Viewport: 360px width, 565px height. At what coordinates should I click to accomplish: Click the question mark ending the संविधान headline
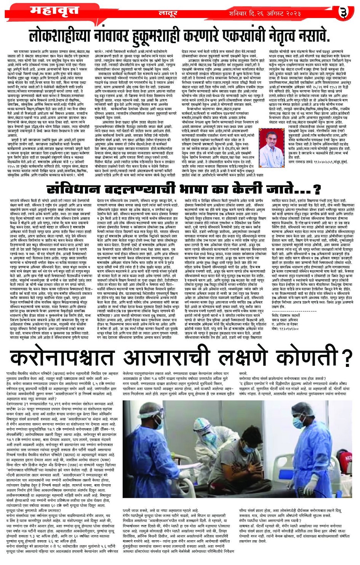[x=317, y=189]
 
